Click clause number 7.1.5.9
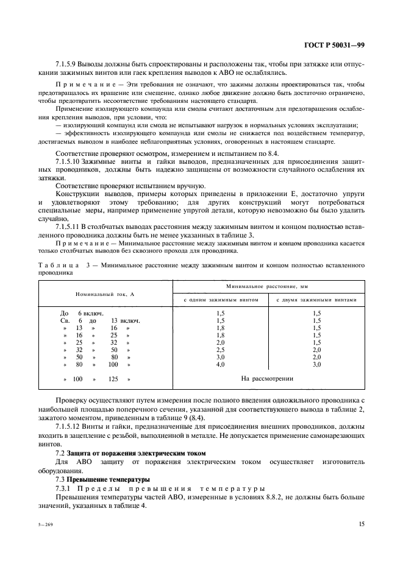pyautogui.click(x=69, y=65)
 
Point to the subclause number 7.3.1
pyautogui.click(x=64, y=488)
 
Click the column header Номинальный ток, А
pyautogui.click(x=105, y=294)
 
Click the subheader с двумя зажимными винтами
pyautogui.click(x=316, y=300)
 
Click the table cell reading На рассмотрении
pyautogui.click(x=267, y=378)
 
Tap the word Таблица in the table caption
pyautogui.click(x=57, y=266)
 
